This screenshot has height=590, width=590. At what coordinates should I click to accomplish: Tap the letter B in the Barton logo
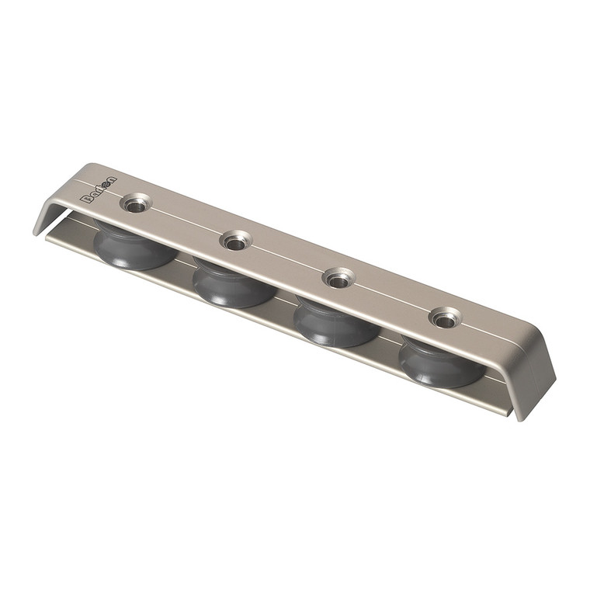(86, 197)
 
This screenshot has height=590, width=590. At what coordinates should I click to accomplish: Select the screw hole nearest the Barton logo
(135, 204)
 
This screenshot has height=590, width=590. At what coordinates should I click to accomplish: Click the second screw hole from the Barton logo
(234, 241)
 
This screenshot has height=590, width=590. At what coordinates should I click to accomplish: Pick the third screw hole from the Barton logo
(337, 278)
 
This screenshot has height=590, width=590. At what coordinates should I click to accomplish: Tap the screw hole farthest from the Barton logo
(444, 317)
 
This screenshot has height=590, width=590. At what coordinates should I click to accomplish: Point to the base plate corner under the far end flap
(508, 412)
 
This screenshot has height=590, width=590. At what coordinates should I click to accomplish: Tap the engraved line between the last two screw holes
(390, 293)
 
